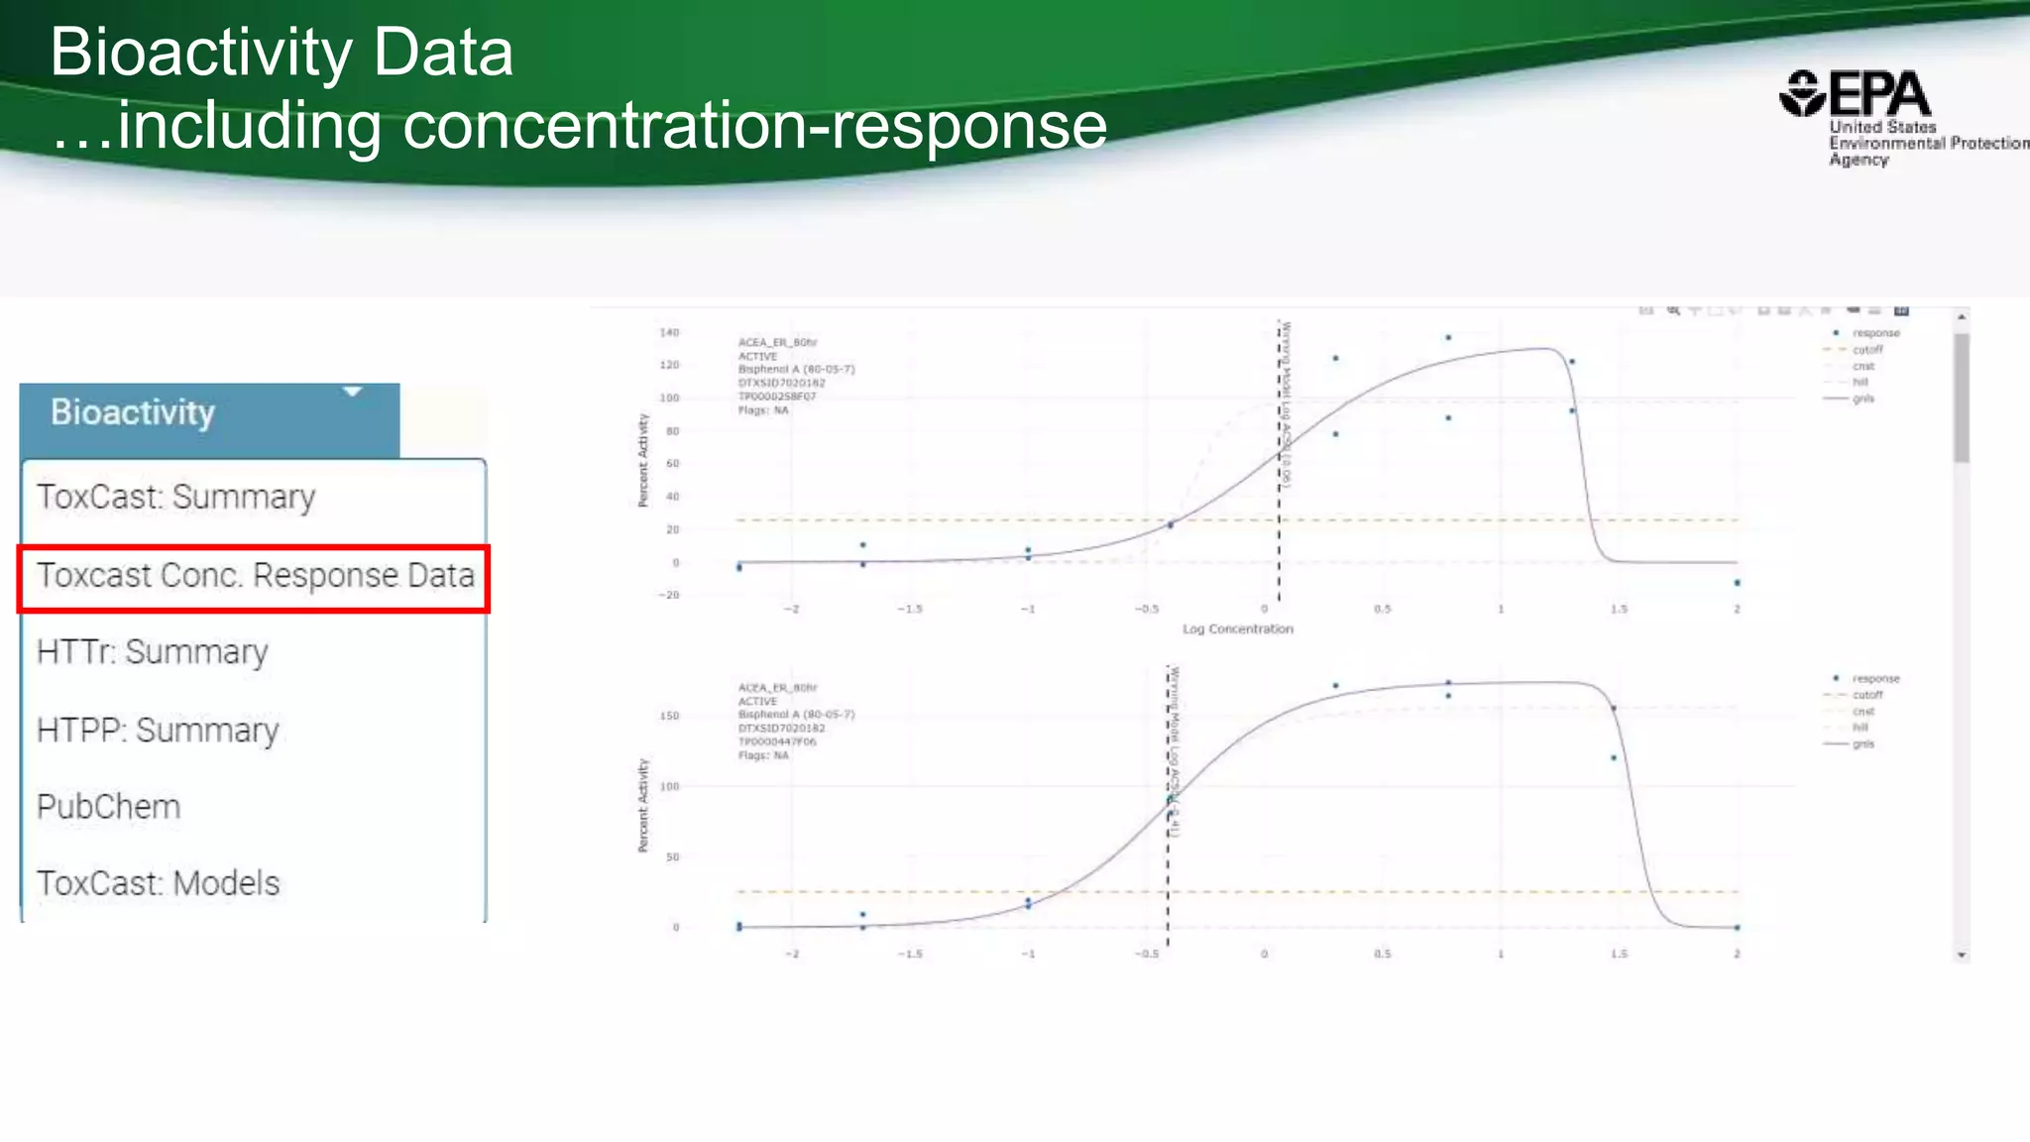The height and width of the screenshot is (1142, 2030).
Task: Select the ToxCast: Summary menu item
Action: coord(175,497)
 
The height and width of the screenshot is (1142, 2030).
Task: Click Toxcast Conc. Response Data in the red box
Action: coord(255,576)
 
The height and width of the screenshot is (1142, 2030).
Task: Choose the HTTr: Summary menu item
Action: coord(152,652)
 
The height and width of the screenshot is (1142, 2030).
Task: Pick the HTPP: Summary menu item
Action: coord(158,731)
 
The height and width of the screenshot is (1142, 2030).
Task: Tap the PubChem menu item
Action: coord(108,807)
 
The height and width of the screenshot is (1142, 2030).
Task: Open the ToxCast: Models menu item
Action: coord(158,883)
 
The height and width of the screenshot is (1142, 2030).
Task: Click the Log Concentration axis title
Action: coord(1237,629)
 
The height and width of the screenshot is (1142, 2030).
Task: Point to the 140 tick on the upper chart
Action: coord(670,333)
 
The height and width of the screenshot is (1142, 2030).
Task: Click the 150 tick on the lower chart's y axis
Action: coord(670,716)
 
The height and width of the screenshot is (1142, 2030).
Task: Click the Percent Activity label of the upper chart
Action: coord(642,461)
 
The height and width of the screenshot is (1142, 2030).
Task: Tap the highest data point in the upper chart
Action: coord(1448,338)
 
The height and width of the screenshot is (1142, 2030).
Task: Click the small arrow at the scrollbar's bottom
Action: coord(1962,956)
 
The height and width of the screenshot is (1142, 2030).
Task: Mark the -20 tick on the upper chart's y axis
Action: coord(670,595)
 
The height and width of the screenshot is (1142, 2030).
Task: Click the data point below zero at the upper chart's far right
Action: coord(1738,583)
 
